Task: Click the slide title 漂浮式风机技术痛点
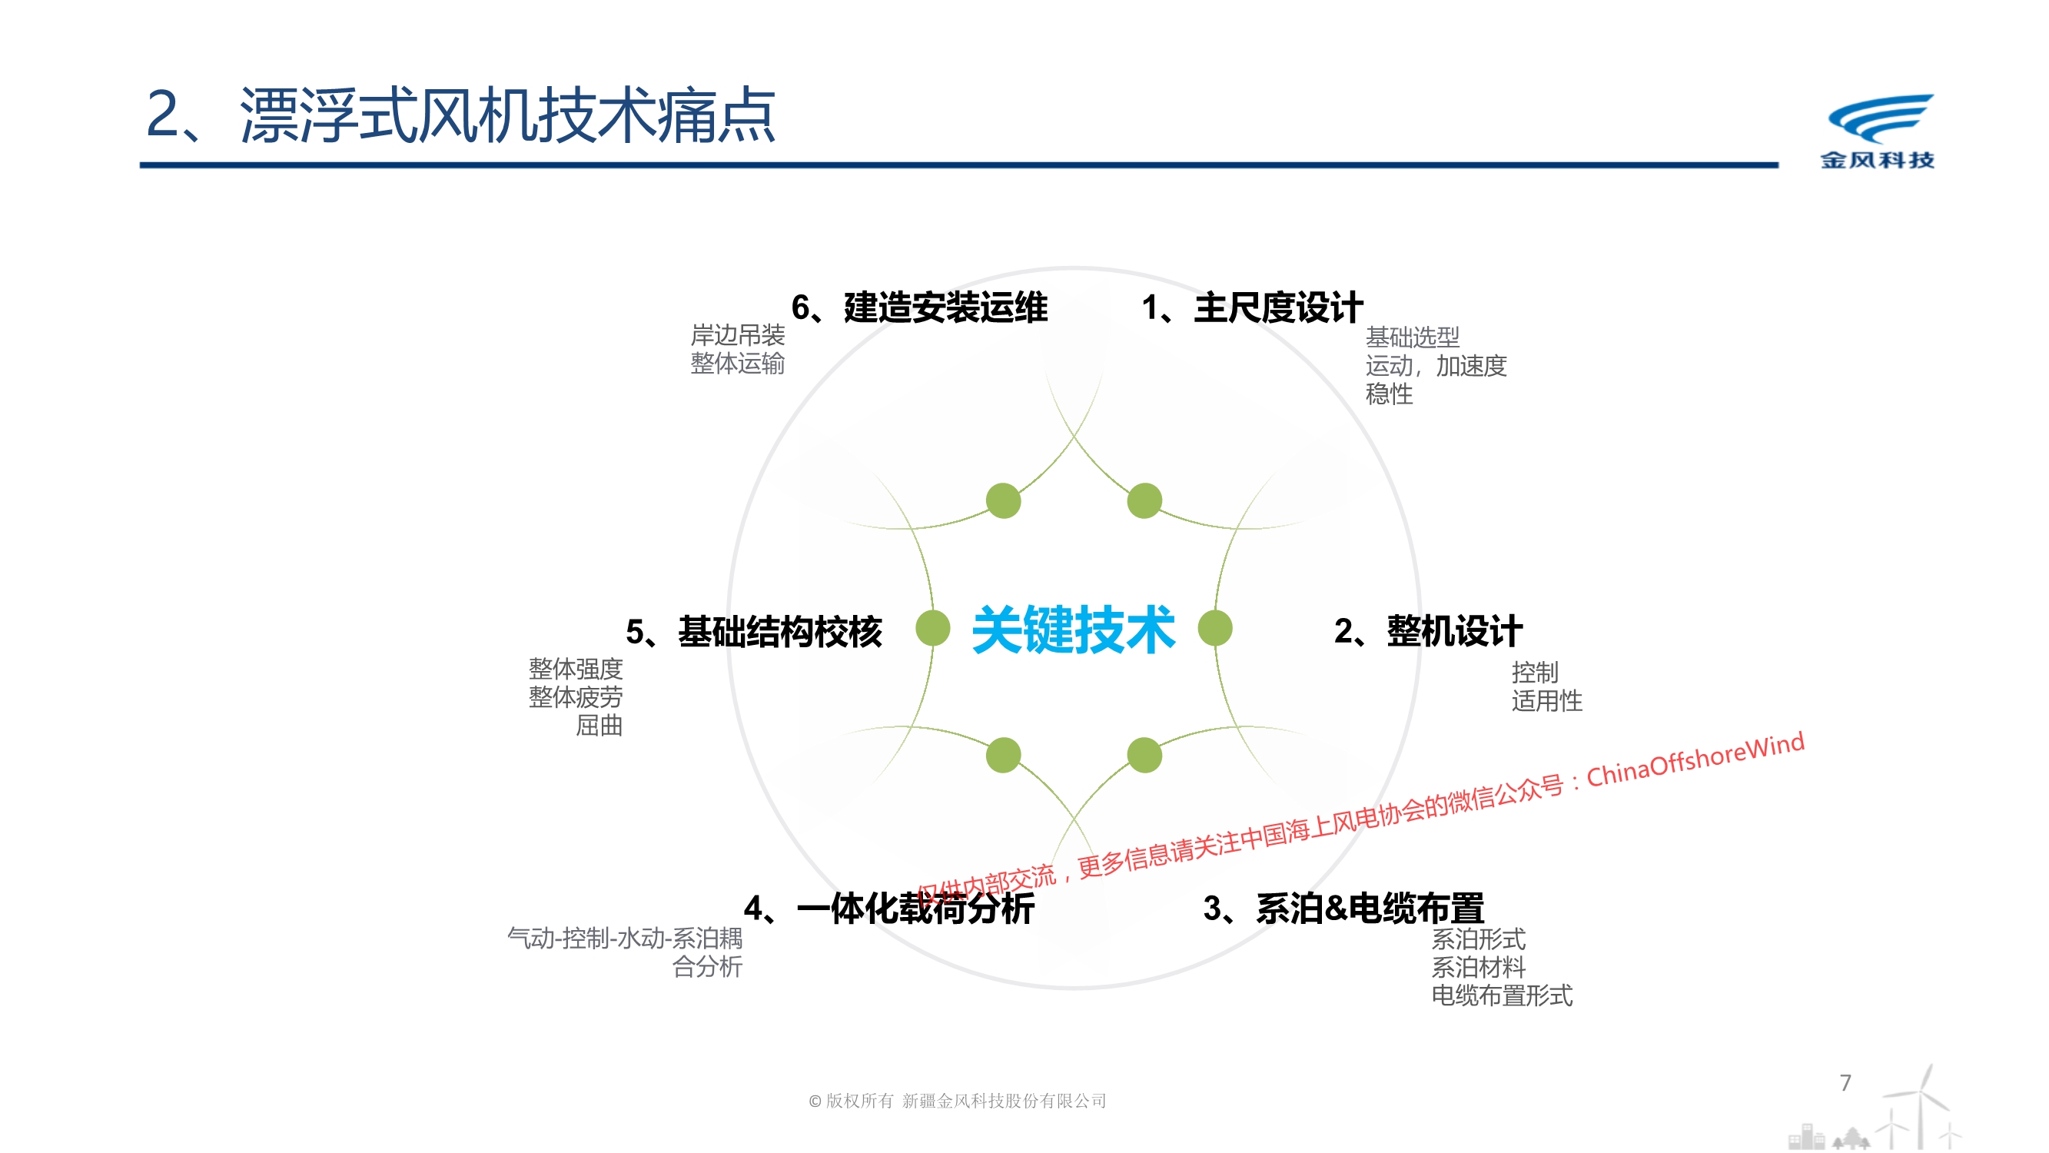pos(507,115)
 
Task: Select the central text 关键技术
pos(1074,630)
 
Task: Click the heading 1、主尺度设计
pos(1253,308)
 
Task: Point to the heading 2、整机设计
pos(1429,631)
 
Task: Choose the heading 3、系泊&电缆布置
pos(1344,908)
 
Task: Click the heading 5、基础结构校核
pos(754,632)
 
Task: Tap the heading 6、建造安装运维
pos(919,308)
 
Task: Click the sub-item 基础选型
pos(1413,337)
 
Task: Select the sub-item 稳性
pos(1390,394)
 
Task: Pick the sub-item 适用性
pos(1547,701)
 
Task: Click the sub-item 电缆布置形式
pos(1502,995)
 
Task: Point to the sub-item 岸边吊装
pos(737,335)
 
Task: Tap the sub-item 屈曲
pos(599,726)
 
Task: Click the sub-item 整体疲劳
pos(576,697)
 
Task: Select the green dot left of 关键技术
pos(933,628)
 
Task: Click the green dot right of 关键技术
pos(1215,628)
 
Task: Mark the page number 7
pos(1845,1083)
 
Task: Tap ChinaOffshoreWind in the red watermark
pos(1695,759)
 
